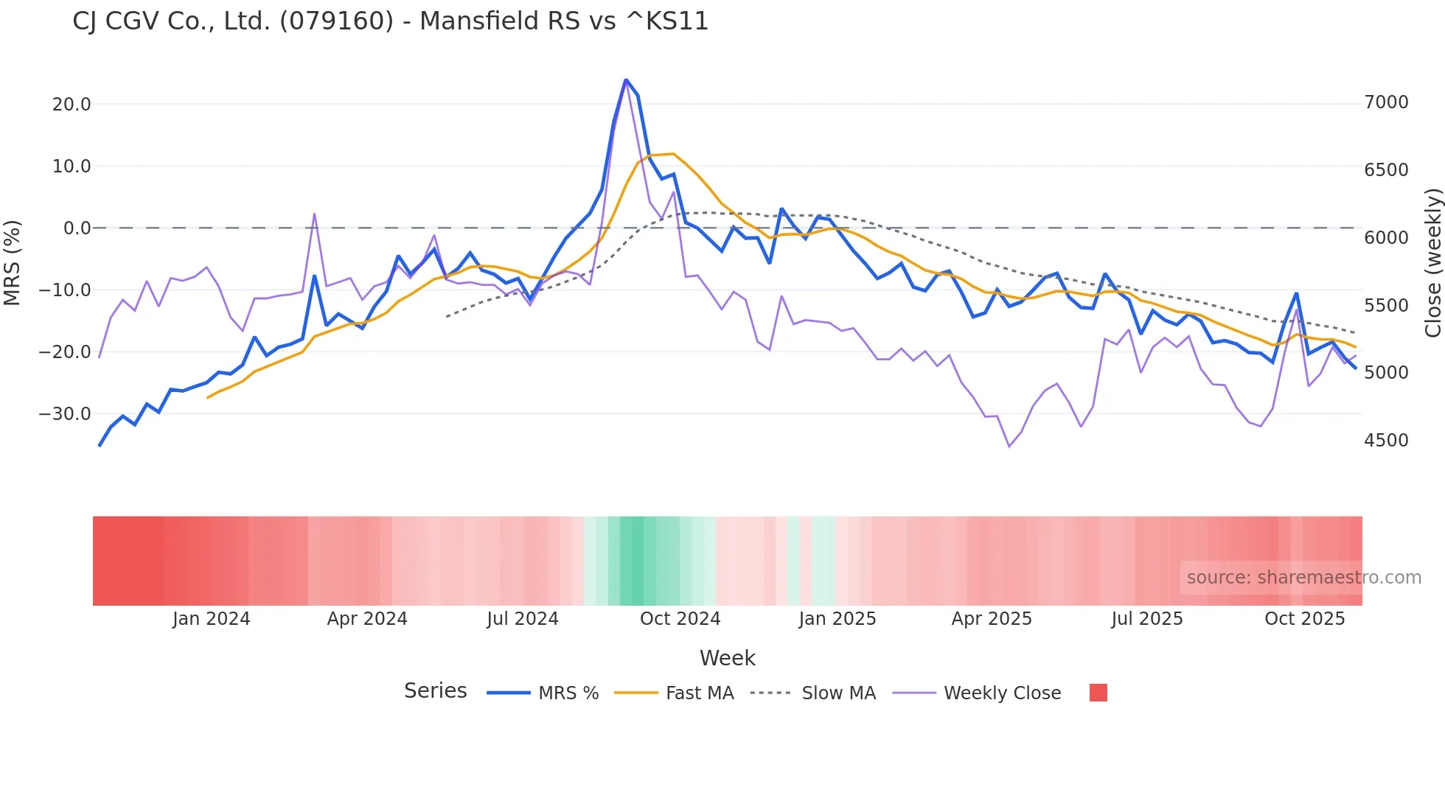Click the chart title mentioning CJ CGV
point(390,21)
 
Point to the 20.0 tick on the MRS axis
point(72,105)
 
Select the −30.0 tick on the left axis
point(66,414)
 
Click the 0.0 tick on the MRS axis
point(77,228)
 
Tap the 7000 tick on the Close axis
point(1386,102)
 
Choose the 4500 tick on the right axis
point(1386,441)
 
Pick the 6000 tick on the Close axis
point(1386,238)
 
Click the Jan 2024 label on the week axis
point(212,619)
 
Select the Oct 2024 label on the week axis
point(680,619)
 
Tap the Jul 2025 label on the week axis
point(1147,619)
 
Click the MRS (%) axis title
point(13,262)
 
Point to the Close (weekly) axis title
point(1432,263)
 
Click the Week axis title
point(727,658)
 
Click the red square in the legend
point(1098,693)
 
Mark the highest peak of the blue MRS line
point(626,80)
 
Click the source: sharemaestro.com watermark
point(1303,578)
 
